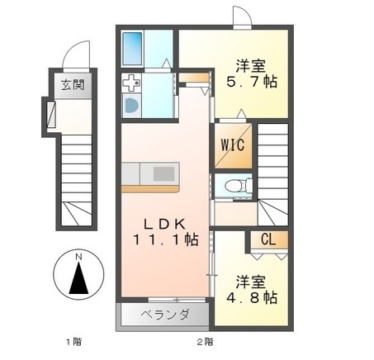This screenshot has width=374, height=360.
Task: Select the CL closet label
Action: pos(267,240)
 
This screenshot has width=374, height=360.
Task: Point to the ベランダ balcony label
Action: pos(164,315)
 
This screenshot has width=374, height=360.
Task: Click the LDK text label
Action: pos(162,222)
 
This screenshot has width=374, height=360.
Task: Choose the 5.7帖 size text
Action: pos(249,83)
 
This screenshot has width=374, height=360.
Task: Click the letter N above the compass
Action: pos(78,257)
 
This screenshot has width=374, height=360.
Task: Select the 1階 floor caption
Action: pos(73,341)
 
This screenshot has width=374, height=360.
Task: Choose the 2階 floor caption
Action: pos(205,341)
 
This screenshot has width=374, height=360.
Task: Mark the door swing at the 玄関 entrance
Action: pos(77,56)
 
